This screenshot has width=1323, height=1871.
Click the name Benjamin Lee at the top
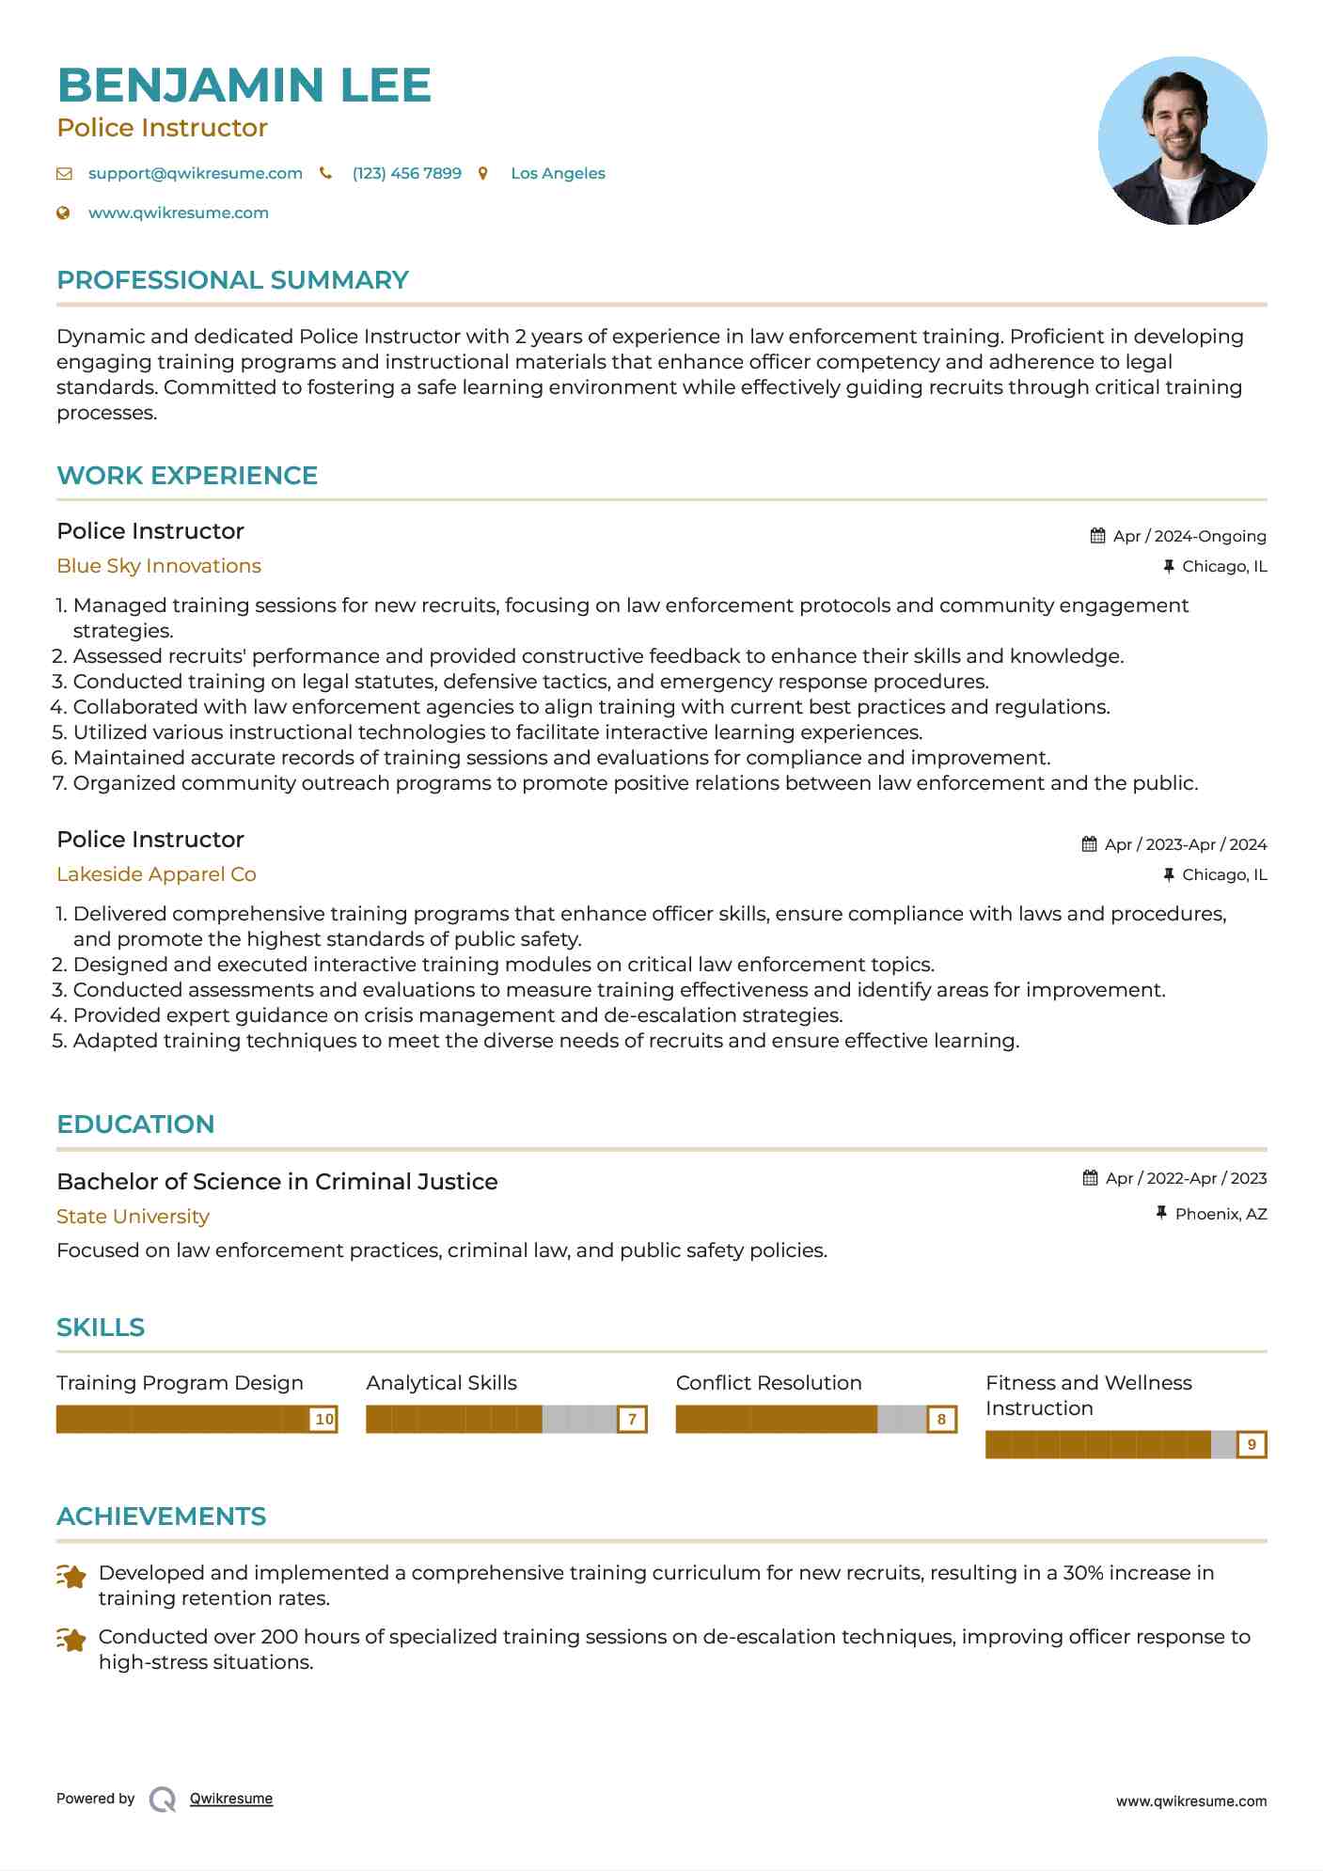tap(244, 86)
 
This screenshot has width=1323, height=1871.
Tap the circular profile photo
tap(1182, 141)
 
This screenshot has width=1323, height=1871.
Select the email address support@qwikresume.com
tap(195, 174)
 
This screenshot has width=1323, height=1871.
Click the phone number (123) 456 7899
tap(406, 174)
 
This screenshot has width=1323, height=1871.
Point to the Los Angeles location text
tap(558, 174)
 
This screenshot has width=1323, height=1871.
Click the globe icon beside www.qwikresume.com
tap(64, 213)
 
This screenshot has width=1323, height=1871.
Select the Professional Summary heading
tap(232, 280)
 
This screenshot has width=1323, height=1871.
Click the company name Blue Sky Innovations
tap(159, 566)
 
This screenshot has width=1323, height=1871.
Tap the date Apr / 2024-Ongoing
tap(1189, 537)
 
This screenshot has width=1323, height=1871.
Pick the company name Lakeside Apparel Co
tap(156, 874)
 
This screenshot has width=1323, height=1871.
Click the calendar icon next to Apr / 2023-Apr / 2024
tap(1089, 844)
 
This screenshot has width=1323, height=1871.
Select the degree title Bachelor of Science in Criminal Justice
tap(277, 1182)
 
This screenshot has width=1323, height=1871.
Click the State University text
tap(133, 1217)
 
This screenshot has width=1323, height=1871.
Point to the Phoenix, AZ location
tap(1221, 1215)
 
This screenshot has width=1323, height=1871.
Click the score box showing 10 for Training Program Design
tap(324, 1420)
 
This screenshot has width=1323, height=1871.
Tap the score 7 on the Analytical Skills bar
tap(633, 1420)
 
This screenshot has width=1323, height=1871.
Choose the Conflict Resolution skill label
tap(768, 1383)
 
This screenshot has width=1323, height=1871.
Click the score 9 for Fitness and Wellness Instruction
tap(1252, 1445)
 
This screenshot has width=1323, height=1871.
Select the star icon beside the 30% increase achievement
tap(71, 1577)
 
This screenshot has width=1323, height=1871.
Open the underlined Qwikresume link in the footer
tap(231, 1799)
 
